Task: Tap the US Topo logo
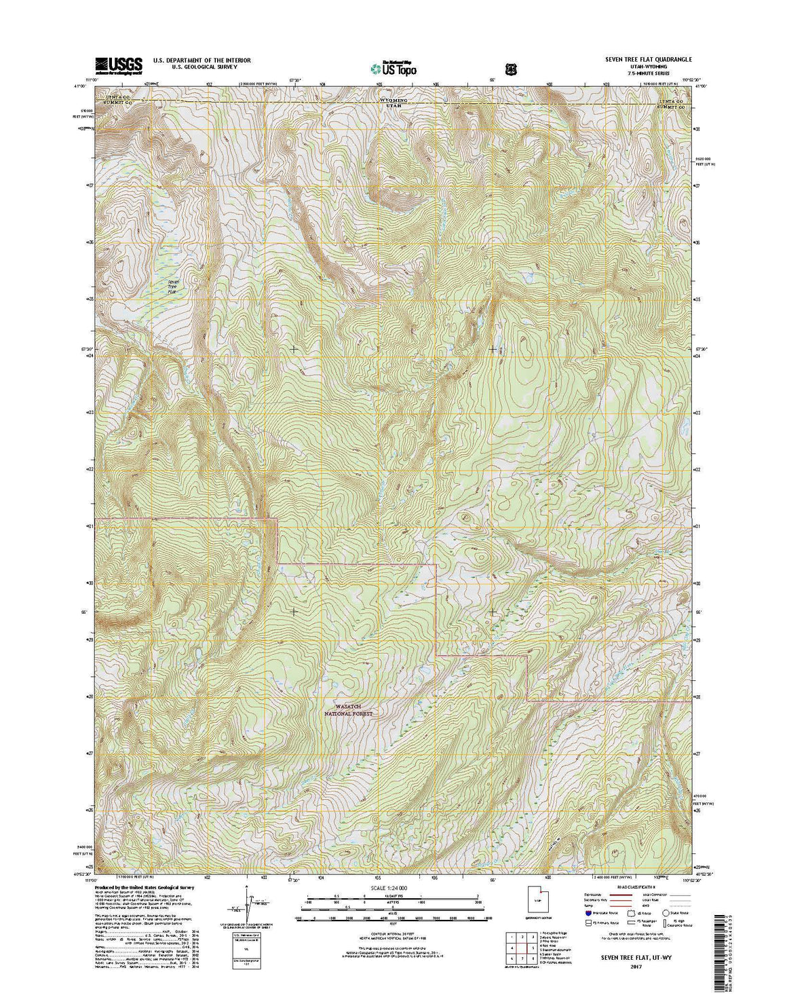(394, 68)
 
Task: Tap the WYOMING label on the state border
(394, 100)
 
